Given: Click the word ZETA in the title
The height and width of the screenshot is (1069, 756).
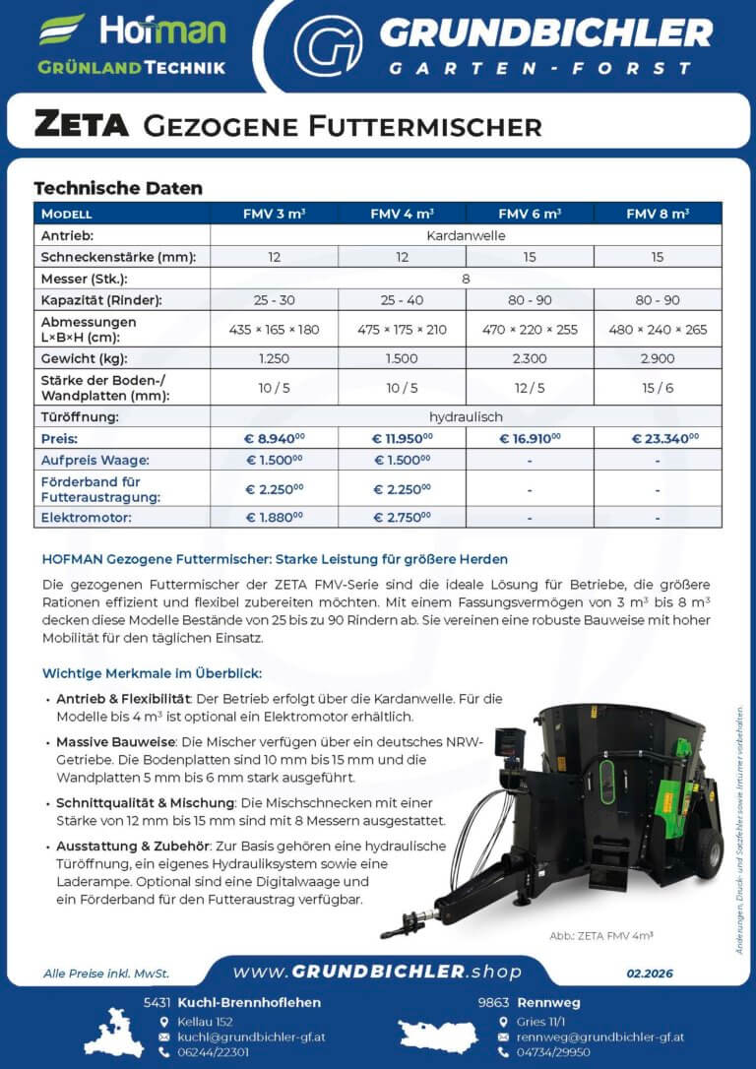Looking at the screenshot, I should (82, 125).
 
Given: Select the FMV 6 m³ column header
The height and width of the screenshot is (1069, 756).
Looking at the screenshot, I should (530, 214).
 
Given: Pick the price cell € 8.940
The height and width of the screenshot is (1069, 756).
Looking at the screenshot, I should (274, 438).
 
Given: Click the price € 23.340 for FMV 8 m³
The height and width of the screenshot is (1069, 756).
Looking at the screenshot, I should (658, 438).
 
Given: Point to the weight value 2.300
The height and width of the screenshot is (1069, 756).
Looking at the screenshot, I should (530, 358).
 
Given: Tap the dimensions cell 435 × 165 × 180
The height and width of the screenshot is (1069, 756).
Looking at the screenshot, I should (274, 329).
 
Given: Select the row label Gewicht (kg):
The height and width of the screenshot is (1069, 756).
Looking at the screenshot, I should (85, 358).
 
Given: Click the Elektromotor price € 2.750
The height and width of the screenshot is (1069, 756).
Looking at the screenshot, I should (402, 516).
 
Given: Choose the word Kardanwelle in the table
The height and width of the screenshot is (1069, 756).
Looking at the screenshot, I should (466, 236).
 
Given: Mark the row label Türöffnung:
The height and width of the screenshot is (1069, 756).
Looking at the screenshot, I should (80, 417).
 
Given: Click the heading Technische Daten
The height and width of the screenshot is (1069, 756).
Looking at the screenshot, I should (118, 188).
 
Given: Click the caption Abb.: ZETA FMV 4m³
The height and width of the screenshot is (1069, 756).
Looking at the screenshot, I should (600, 936).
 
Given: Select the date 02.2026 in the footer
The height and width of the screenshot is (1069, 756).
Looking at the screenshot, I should (650, 973).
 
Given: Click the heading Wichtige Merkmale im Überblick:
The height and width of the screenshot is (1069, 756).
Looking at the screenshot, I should (153, 674).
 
